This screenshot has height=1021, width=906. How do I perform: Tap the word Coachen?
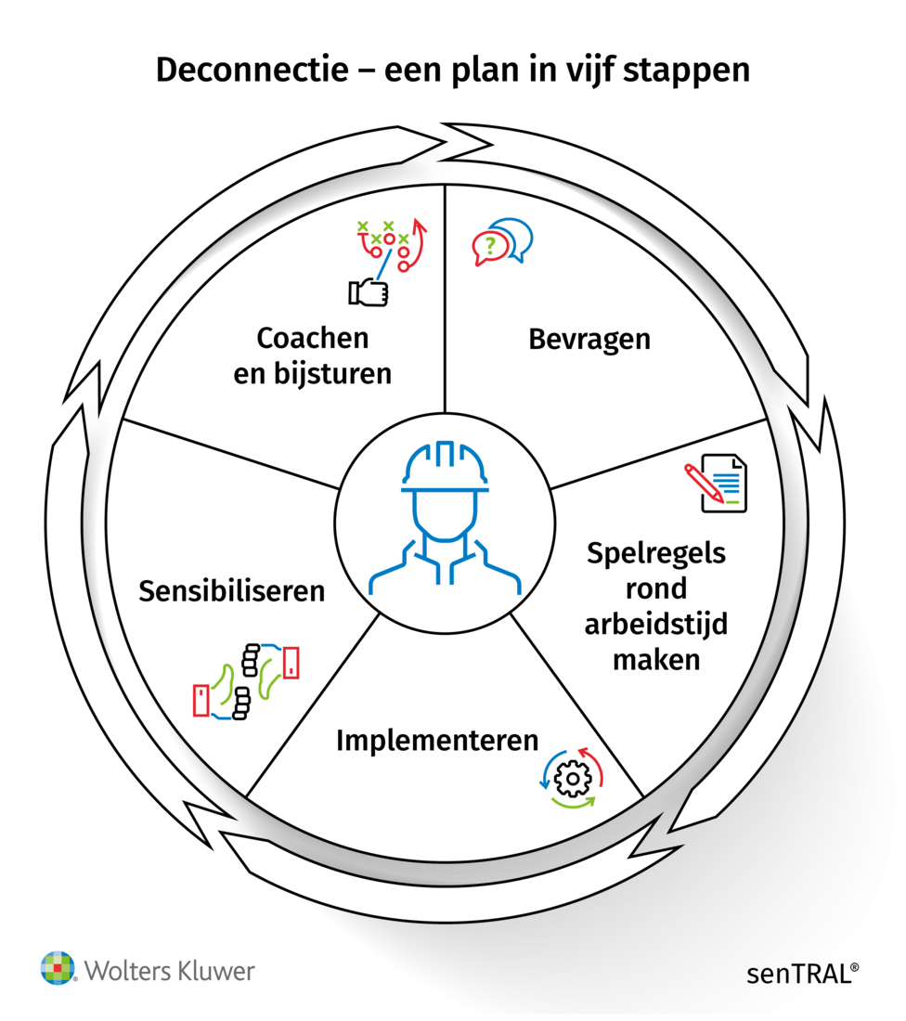[x=312, y=338]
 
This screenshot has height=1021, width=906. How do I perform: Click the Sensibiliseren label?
[x=232, y=591]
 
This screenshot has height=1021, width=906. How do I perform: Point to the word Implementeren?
[x=437, y=741]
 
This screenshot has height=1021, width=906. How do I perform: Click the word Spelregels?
[x=656, y=554]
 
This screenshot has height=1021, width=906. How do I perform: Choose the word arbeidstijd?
[x=655, y=624]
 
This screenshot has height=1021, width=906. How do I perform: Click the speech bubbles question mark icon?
[x=502, y=241]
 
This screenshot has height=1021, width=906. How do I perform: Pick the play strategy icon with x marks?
[x=391, y=243]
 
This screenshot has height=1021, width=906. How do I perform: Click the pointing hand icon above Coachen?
[x=369, y=292]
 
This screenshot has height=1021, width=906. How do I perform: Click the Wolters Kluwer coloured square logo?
[x=57, y=967]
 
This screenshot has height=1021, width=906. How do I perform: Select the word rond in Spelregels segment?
[x=655, y=589]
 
